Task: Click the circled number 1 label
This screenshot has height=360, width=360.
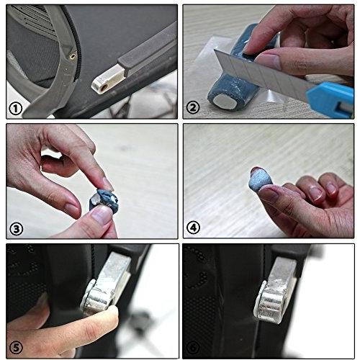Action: (16, 109)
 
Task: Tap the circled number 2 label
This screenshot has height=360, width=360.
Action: (193, 108)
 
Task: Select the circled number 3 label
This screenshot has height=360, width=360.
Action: (16, 229)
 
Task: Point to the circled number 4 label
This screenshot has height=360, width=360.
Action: (193, 228)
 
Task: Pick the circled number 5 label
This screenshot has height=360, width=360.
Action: (16, 347)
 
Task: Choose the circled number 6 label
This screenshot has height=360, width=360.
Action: (193, 347)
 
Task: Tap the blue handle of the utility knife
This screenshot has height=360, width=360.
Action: (331, 98)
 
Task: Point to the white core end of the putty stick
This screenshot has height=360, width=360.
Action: (225, 102)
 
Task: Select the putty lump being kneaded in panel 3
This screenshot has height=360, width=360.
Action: (103, 200)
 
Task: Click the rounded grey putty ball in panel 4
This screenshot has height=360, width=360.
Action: (260, 180)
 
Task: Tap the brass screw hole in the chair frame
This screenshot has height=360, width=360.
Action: (72, 57)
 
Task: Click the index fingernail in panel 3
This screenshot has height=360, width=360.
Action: (107, 184)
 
